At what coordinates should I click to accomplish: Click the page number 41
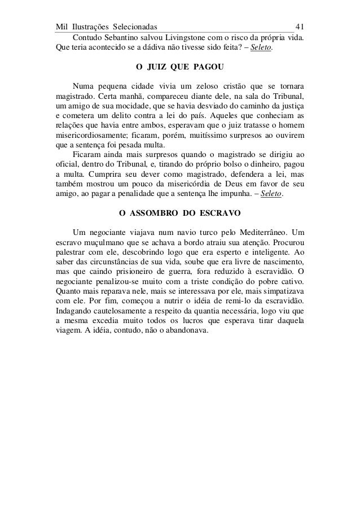click(x=301, y=27)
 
